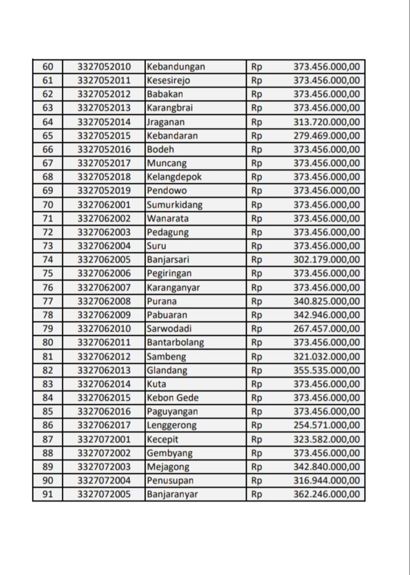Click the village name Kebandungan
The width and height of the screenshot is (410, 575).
[x=176, y=67]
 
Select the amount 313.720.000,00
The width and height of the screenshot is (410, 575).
[x=327, y=122]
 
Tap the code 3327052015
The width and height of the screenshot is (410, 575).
[x=104, y=136]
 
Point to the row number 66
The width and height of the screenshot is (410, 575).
[x=48, y=149]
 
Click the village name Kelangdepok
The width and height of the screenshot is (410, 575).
[x=175, y=177]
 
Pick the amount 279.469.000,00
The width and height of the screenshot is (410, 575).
[x=327, y=136]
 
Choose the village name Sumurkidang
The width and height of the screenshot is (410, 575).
[x=175, y=205]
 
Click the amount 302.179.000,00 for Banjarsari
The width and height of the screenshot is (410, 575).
[x=327, y=259]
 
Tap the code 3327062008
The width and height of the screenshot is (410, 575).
[x=104, y=301]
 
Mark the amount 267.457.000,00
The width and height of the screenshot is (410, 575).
[x=327, y=329]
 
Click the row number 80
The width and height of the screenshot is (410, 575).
[x=48, y=342]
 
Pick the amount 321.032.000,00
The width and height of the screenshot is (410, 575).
[x=327, y=357]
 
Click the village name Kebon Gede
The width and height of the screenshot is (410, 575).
[x=171, y=398]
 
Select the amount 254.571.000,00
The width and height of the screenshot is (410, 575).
[x=327, y=426]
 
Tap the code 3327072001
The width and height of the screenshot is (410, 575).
[x=104, y=439]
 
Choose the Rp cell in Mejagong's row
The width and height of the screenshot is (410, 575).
[x=257, y=467]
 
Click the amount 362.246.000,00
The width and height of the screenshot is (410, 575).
[x=327, y=495]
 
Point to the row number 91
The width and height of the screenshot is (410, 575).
[x=48, y=495]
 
